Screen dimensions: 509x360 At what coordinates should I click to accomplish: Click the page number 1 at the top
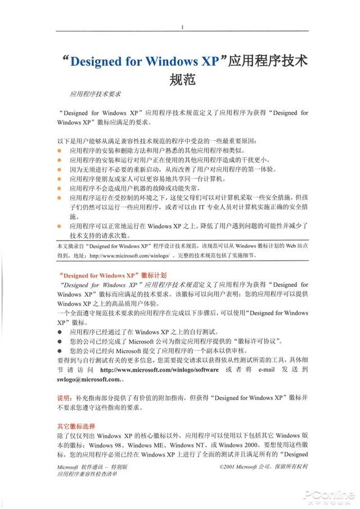pyautogui.click(x=182, y=27)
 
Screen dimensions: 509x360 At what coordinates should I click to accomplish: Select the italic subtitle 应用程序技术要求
pyautogui.click(x=96, y=94)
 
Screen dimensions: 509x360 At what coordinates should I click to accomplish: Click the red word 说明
pyautogui.click(x=64, y=398)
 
